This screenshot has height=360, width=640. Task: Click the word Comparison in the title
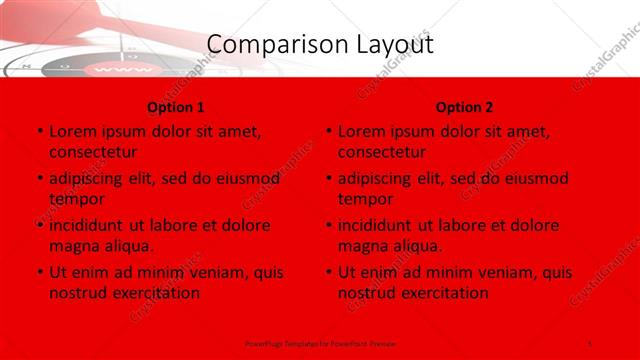(264, 45)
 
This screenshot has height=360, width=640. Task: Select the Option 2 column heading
(464, 107)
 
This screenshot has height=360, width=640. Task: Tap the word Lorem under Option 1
(73, 131)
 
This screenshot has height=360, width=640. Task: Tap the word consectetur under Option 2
(381, 152)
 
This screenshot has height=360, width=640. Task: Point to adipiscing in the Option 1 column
(89, 178)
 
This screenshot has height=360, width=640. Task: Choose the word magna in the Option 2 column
(362, 246)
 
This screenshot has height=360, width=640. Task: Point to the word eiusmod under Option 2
(536, 178)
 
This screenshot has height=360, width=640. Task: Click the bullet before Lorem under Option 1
(39, 132)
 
